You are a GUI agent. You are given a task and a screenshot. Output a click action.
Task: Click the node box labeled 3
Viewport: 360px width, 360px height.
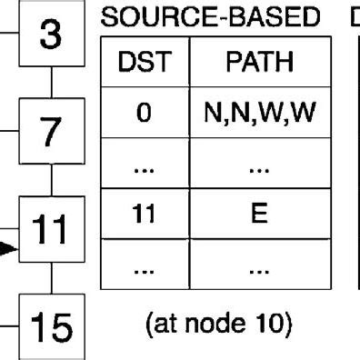pos(52,37)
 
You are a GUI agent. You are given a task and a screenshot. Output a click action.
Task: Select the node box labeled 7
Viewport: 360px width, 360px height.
pos(52,129)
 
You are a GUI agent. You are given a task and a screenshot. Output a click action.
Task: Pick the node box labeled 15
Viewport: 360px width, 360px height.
pos(52,325)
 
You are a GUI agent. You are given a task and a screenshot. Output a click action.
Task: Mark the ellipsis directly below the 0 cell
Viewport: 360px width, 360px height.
pos(140,166)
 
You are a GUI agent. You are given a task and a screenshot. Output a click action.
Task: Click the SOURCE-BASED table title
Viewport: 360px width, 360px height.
pos(211,17)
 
